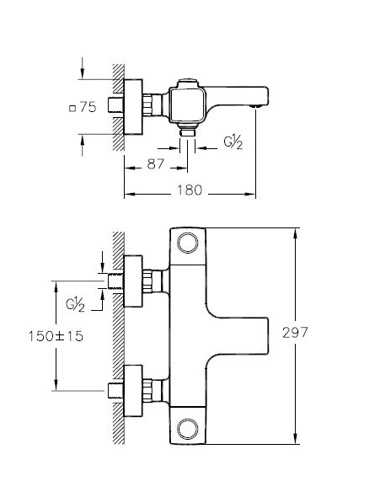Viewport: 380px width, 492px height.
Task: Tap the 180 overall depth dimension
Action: pyautogui.click(x=190, y=190)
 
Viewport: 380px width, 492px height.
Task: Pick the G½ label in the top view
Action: pyautogui.click(x=235, y=143)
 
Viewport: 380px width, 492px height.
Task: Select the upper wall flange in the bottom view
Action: pyautogui.click(x=134, y=278)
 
